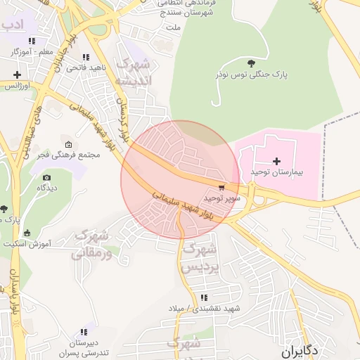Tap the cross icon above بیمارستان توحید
tap(276, 161)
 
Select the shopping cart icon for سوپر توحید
tap(221, 188)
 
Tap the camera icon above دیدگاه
tap(47, 178)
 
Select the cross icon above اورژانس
tap(17, 75)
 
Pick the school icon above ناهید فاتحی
tap(86, 58)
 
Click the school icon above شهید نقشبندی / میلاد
tap(204, 297)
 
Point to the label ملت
tap(173, 27)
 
